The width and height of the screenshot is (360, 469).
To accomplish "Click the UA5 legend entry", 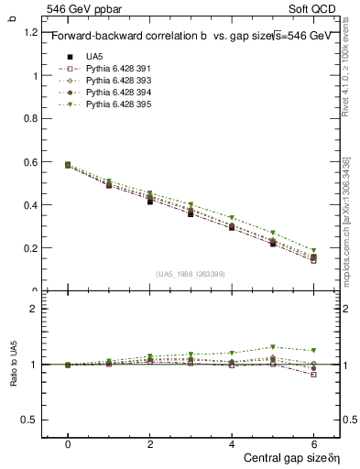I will (93, 58).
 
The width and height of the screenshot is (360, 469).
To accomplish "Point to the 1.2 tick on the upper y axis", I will (31, 33).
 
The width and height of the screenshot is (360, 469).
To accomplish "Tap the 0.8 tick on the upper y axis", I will (31, 119).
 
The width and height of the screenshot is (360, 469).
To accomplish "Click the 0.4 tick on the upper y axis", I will (31, 205).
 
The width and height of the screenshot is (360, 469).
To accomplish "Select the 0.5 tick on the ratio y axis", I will (31, 420).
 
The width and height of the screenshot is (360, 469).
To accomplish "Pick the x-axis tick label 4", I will (232, 443).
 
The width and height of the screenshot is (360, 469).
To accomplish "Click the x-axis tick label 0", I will (68, 443).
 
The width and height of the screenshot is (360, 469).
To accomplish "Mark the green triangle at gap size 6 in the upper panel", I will (313, 250).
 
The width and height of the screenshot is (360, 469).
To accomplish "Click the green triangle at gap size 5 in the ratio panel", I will (272, 347).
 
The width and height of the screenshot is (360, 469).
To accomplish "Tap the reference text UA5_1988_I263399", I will (191, 275).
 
